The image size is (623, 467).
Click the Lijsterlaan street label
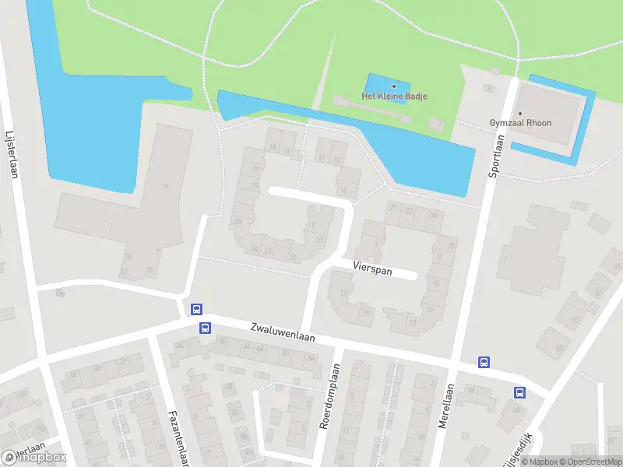pos(11,153)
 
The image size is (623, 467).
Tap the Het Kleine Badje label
pos(394,97)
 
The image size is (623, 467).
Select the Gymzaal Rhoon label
pos(519,123)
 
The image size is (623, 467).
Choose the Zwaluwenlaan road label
pos(283,332)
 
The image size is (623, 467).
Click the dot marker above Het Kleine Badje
pos(394,86)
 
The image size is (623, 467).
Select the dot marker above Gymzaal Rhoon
pos(519,113)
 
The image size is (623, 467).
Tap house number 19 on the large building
pos(164,186)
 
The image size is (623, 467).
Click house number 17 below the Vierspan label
pos(343,293)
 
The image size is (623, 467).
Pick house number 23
pos(268,251)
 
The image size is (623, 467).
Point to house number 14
pos(287,150)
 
